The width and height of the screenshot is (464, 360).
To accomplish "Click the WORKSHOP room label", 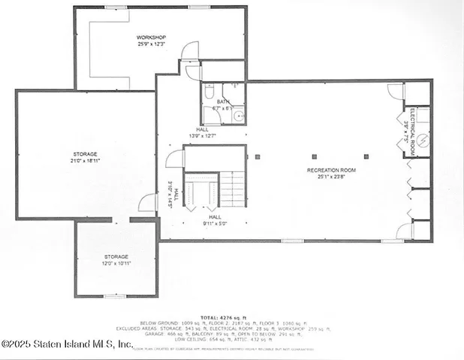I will click(151, 37).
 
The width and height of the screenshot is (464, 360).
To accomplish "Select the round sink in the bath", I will click(237, 115).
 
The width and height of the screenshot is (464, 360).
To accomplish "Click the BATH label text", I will click(223, 101).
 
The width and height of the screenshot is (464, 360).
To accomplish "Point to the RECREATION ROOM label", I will click(331, 170).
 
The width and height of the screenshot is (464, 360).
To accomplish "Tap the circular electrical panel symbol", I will click(422, 139).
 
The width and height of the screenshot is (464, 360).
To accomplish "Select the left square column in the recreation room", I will click(257, 157).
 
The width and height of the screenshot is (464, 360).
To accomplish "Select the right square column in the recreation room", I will click(366, 157).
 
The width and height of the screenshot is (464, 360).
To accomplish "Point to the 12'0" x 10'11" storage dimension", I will click(116, 263).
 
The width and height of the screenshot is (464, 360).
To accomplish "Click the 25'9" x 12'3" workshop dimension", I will click(151, 43).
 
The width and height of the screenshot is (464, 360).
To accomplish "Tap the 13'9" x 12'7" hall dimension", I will click(201, 136).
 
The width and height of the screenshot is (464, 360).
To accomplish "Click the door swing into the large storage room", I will click(148, 202).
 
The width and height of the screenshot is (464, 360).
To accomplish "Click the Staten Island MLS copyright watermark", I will click(67, 343).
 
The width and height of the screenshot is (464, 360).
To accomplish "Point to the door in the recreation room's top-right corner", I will click(395, 92).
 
